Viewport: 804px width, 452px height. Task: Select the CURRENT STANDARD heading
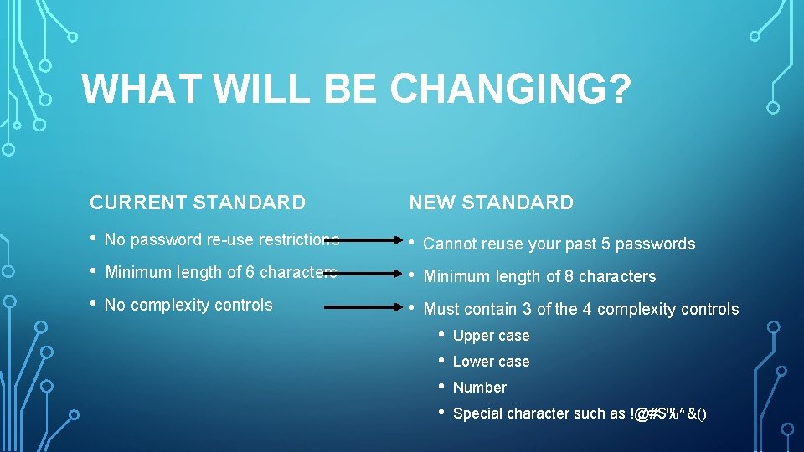click(198, 203)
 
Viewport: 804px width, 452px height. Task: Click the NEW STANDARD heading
click(491, 203)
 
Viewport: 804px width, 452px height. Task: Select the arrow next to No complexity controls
click(360, 307)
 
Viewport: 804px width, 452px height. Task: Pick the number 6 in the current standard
click(250, 272)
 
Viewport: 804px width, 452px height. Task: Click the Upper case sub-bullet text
click(491, 336)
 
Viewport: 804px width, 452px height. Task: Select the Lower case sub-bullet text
click(491, 362)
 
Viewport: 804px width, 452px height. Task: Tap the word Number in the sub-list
click(479, 388)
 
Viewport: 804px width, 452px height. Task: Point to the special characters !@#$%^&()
click(667, 413)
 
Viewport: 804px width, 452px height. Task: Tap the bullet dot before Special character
click(441, 413)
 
